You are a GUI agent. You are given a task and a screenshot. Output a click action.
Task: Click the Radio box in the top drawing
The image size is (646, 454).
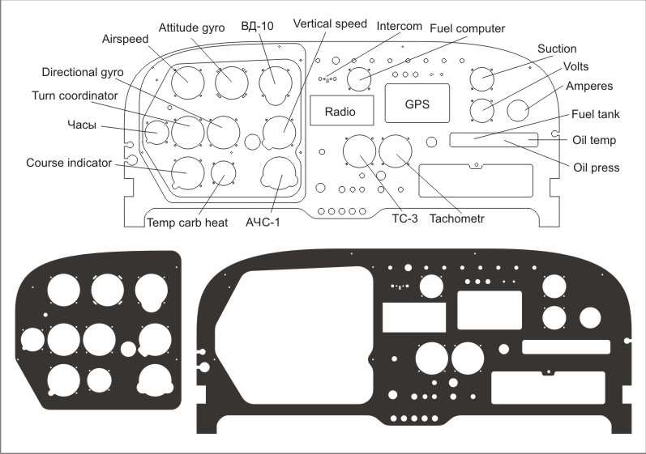pos(340,111)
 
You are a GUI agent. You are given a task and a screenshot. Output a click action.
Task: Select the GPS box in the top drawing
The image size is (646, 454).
pos(417,104)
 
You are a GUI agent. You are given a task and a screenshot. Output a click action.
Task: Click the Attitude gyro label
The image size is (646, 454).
pos(190,27)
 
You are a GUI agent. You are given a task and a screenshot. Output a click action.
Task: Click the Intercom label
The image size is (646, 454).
pos(400,26)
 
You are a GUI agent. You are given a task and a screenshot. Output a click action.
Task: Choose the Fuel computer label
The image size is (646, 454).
pos(473,27)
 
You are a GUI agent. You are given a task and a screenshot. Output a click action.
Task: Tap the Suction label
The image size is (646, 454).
pos(557,49)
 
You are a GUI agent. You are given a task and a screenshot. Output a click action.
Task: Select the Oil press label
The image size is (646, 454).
pos(596,168)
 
